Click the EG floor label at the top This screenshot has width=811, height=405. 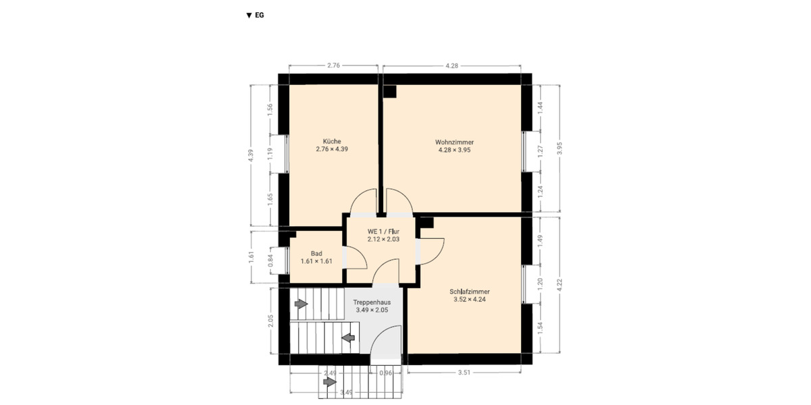coord(255,15)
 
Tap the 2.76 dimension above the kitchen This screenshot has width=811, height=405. coord(333,65)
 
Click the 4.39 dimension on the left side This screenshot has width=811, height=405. coord(251,155)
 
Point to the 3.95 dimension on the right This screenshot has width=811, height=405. coord(560,150)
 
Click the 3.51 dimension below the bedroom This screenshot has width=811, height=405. coord(464,372)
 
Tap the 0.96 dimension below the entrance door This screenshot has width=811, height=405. coord(386,373)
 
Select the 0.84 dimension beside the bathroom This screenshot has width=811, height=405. coord(271,258)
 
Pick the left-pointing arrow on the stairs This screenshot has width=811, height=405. coord(349,337)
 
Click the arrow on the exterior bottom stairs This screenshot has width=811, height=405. coord(329,382)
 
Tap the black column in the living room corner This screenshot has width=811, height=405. coord(390,90)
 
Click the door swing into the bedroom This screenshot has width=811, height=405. coord(433,250)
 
